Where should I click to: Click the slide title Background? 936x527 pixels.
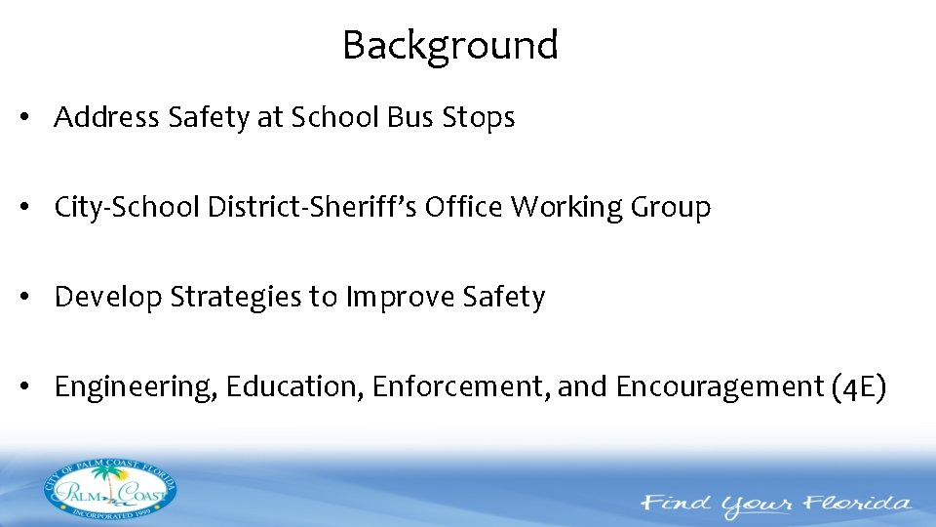(449, 46)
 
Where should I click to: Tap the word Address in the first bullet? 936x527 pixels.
(107, 118)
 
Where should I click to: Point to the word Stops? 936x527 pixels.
(478, 118)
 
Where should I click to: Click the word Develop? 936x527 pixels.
(108, 298)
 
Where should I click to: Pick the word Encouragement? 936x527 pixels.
(720, 387)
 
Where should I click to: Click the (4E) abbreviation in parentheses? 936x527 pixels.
(859, 387)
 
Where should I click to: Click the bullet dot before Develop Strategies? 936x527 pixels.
(33, 298)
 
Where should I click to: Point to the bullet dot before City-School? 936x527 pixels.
(33, 208)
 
